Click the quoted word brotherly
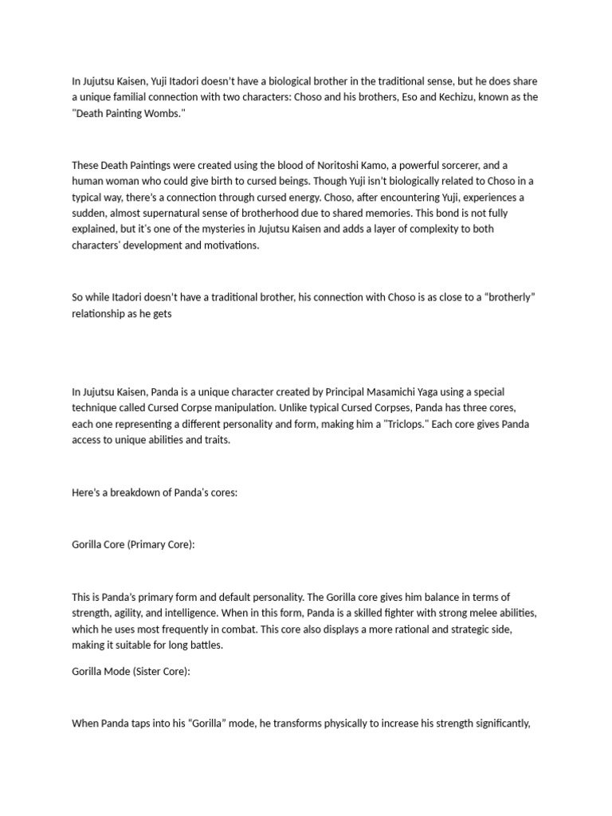pos(506,297)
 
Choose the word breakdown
pos(132,492)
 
